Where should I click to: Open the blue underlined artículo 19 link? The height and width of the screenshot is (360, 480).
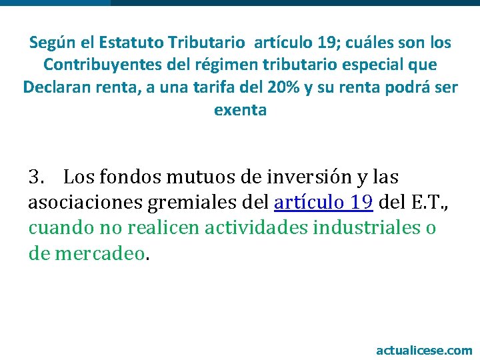323,203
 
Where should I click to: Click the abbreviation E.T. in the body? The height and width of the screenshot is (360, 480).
424,203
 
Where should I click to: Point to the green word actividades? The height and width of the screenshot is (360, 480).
245,228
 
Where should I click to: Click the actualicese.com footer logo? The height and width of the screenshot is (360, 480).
424,350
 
